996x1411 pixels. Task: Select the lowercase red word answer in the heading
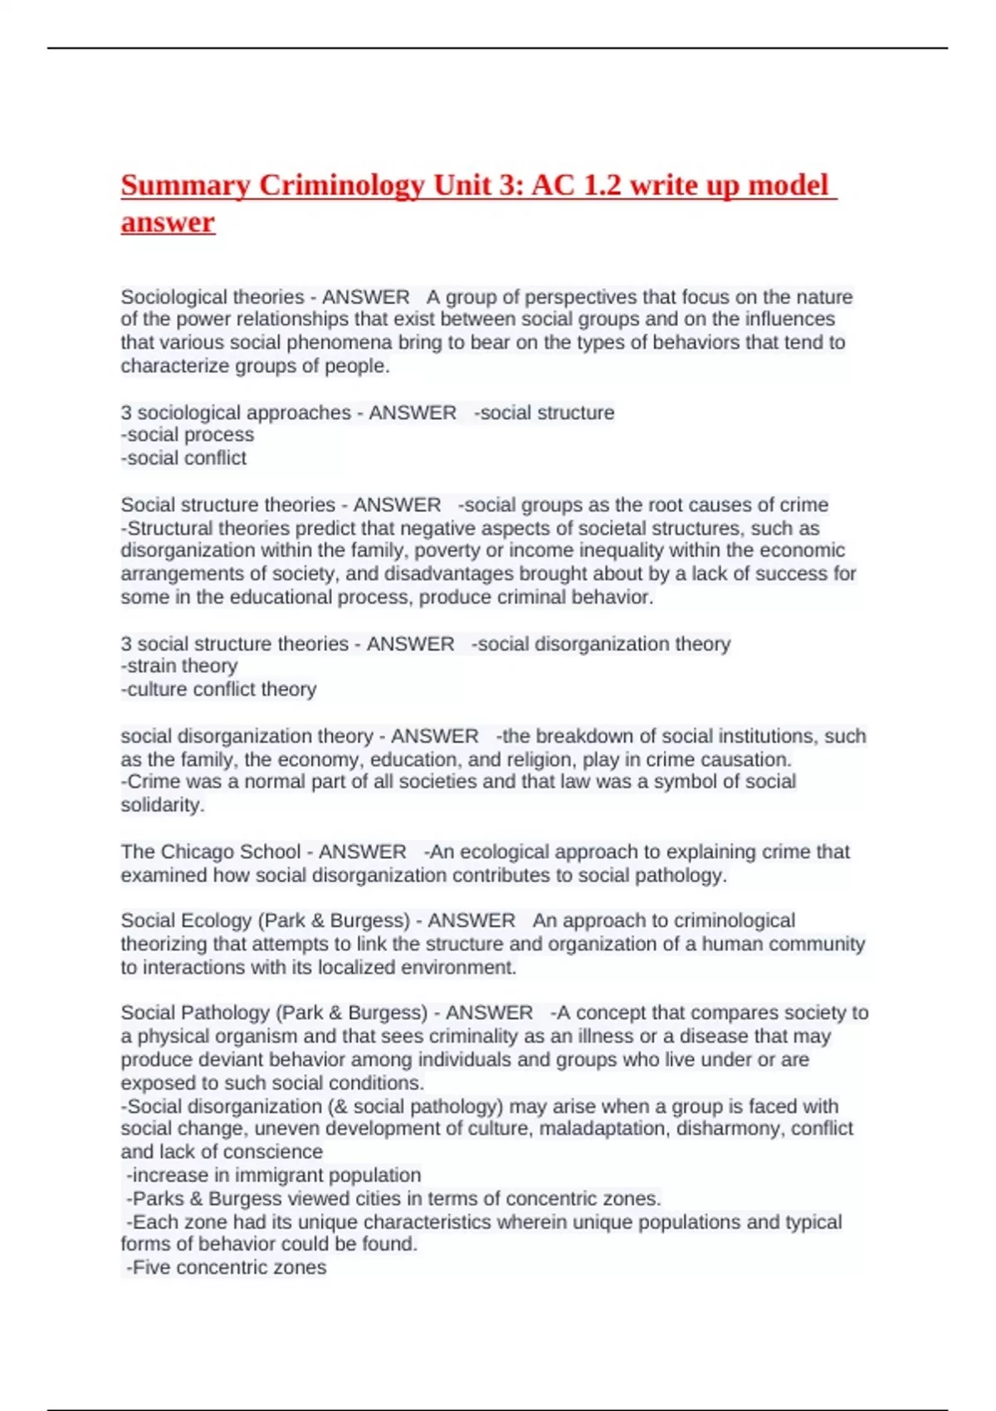tap(168, 222)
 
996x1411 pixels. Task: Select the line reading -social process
tap(188, 435)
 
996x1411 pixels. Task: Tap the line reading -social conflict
tap(183, 458)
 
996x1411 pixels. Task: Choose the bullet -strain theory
tap(179, 666)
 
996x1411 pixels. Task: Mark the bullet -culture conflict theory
tap(219, 689)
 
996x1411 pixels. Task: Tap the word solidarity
tap(161, 805)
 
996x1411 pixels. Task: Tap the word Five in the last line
tap(151, 1267)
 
